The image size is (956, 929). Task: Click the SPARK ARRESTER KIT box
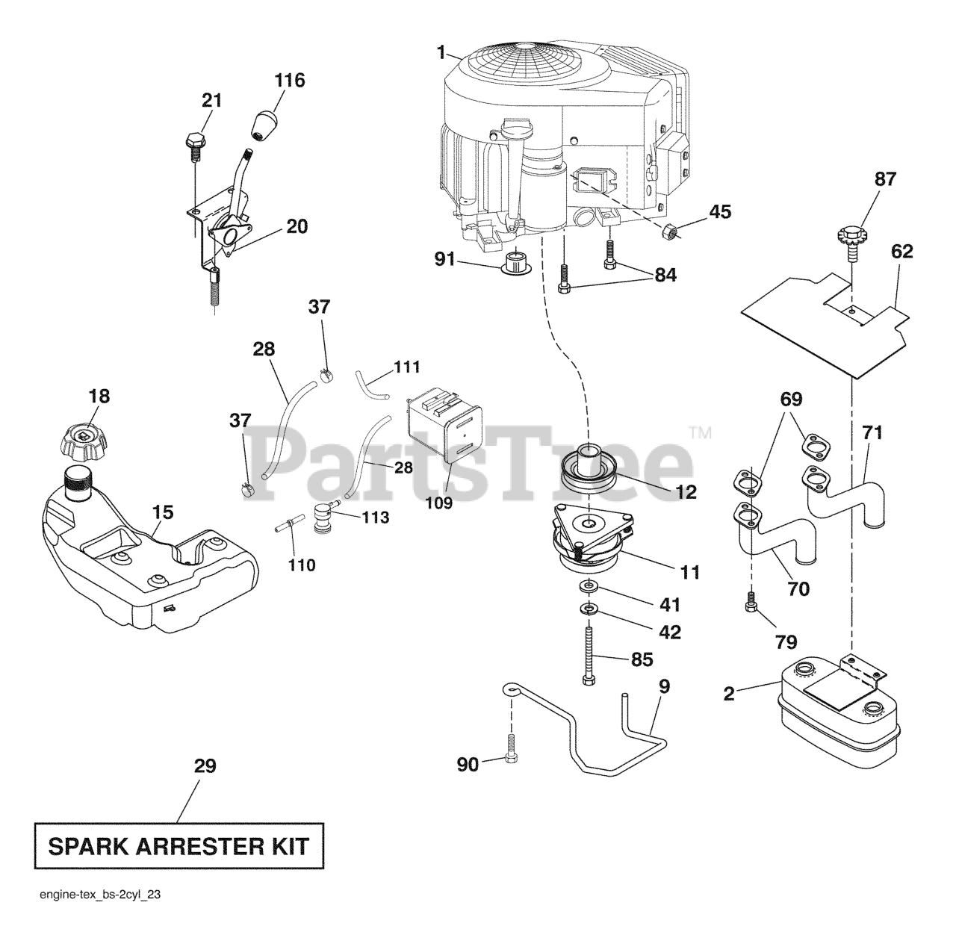tap(179, 847)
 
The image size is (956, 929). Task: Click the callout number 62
tap(901, 252)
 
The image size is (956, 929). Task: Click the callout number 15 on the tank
tap(163, 512)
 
